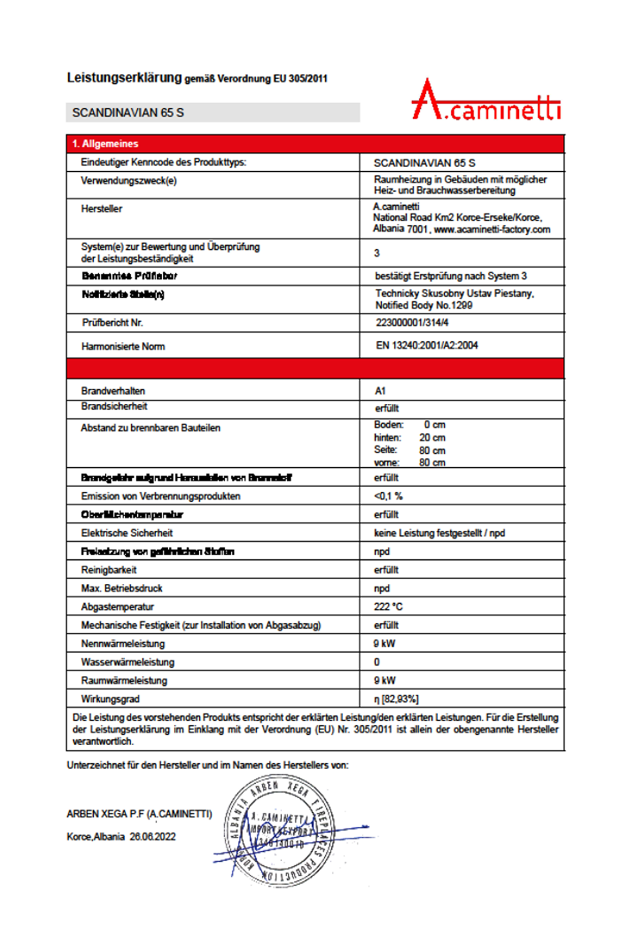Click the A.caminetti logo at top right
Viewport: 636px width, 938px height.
(x=486, y=101)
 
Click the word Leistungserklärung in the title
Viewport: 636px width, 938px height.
(x=124, y=77)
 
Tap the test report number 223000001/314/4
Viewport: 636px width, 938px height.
(x=412, y=322)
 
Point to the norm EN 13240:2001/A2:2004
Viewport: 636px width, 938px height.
(x=427, y=345)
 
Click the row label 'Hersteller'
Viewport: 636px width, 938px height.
(x=101, y=209)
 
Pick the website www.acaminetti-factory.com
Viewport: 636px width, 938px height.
(x=492, y=229)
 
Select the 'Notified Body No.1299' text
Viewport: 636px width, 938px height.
(x=424, y=305)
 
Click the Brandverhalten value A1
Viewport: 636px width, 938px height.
(x=380, y=391)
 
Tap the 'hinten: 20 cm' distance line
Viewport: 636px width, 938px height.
(x=410, y=437)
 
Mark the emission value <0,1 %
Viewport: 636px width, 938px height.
(x=388, y=496)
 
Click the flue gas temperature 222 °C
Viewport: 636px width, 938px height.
(x=388, y=606)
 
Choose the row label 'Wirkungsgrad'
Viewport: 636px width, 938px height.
(x=110, y=699)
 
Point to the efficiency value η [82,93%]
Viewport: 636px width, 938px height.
(x=396, y=699)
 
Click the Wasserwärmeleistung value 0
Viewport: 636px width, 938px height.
(x=377, y=662)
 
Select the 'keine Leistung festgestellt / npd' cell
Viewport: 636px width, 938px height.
(x=439, y=533)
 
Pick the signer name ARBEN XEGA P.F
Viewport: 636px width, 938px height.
(x=106, y=814)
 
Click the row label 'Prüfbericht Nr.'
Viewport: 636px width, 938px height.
(x=113, y=322)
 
